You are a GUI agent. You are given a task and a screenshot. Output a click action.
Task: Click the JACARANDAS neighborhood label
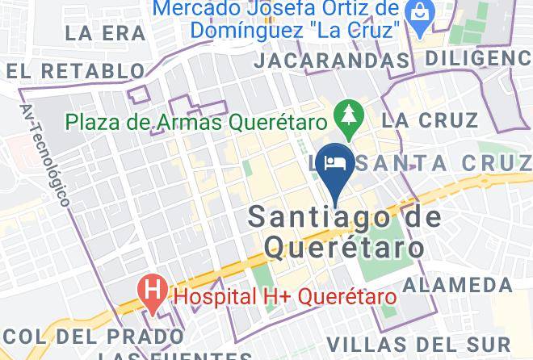coord(331,61)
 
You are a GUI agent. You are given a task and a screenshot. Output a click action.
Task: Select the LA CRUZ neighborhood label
coord(430,121)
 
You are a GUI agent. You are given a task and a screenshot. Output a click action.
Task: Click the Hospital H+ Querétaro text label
coord(286,296)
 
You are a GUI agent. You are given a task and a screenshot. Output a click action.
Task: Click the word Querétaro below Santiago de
coord(344,246)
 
